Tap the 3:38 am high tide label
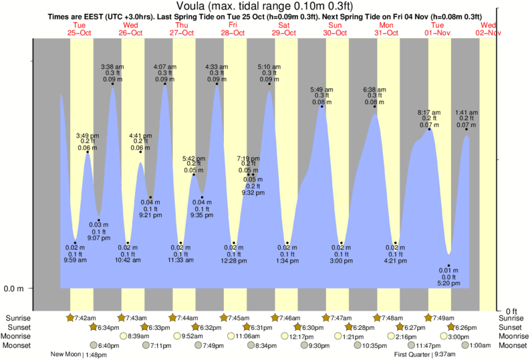coord(112,67)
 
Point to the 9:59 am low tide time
coord(76,260)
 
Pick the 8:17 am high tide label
coord(429,112)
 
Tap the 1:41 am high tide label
coord(467,112)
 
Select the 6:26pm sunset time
coord(464,327)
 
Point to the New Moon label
coord(65,355)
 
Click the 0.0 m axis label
coord(15,289)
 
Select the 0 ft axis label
coord(511,311)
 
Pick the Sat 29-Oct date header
coord(283,28)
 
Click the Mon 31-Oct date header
coord(388,28)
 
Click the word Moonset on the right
coord(513,345)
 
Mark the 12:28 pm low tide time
coord(233,260)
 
